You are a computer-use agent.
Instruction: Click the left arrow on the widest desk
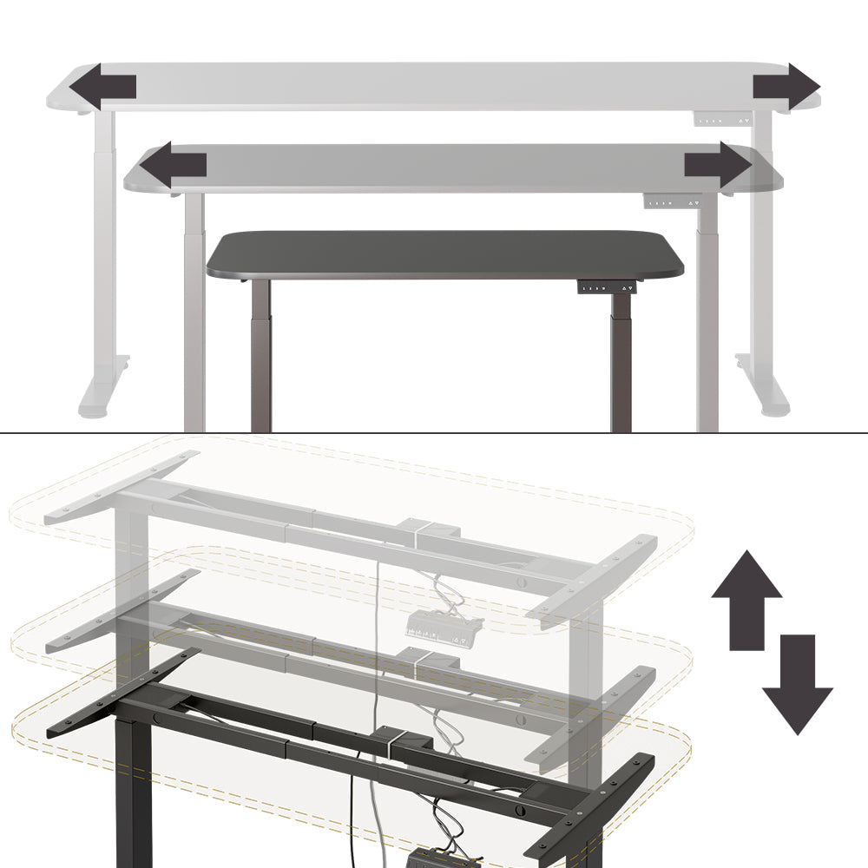[x=102, y=87]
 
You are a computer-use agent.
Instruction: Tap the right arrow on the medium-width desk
[x=718, y=164]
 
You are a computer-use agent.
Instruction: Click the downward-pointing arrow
[x=797, y=684]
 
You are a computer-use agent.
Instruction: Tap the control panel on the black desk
[x=607, y=287]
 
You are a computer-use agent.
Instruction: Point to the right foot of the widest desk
[x=764, y=395]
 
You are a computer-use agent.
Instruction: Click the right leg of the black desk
[x=621, y=365]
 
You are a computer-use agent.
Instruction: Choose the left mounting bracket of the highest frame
[x=122, y=486]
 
